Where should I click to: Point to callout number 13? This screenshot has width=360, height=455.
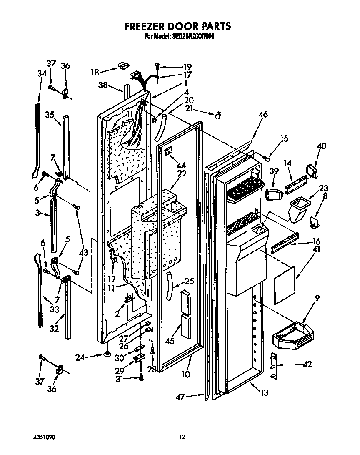click(264, 392)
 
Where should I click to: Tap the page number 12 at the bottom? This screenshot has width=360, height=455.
click(182, 437)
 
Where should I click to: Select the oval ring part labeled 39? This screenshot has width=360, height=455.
click(272, 194)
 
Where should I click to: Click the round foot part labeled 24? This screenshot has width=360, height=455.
click(106, 354)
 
